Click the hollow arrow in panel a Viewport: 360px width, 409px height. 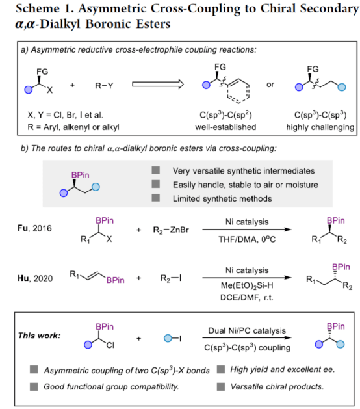pyautogui.click(x=158, y=85)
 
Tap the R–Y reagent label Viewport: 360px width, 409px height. pyautogui.click(x=104, y=86)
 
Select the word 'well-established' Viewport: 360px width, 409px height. pyautogui.click(x=225, y=127)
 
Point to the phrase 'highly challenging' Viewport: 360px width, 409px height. pyautogui.click(x=320, y=127)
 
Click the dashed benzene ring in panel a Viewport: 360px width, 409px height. pyautogui.click(x=238, y=90)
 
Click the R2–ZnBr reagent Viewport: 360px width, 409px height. pyautogui.click(x=171, y=230)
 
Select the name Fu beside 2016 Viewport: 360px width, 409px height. pyautogui.click(x=23, y=228)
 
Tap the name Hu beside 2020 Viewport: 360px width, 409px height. pyautogui.click(x=23, y=278)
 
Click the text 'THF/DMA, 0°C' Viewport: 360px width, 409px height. pyautogui.click(x=247, y=239)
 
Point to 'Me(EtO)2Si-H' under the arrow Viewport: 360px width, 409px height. pyautogui.click(x=247, y=286)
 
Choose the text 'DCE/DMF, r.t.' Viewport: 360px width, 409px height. pyautogui.click(x=247, y=298)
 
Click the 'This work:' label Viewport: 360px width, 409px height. pyautogui.click(x=39, y=336)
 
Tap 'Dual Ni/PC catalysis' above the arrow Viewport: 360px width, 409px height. pyautogui.click(x=247, y=330)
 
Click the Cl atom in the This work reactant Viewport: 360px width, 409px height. pyautogui.click(x=110, y=345)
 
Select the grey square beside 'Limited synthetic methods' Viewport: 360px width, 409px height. pyautogui.click(x=155, y=198)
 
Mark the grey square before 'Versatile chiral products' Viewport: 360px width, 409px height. pyautogui.click(x=221, y=387)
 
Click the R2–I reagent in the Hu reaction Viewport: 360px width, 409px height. pyautogui.click(x=171, y=278)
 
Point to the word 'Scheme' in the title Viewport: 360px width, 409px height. pyautogui.click(x=38, y=8)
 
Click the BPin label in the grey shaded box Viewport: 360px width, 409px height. pyautogui.click(x=81, y=175)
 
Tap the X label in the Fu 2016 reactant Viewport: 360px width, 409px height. pyautogui.click(x=109, y=239)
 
